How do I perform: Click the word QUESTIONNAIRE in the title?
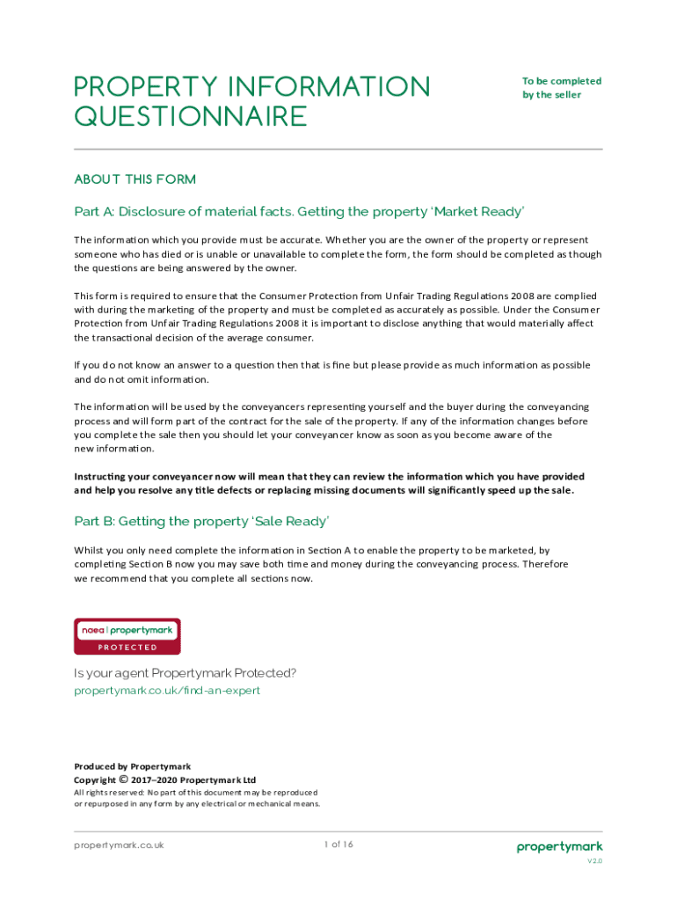coord(191,116)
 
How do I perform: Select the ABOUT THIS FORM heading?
coord(135,179)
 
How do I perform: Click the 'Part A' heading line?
coord(299,212)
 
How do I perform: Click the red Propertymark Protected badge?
coord(127,636)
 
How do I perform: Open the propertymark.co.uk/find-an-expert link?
coord(167,691)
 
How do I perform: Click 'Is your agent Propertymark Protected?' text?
coord(186,674)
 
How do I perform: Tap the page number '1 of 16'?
coord(338,845)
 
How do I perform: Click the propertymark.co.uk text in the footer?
coord(119,846)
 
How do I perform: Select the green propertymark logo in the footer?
coord(559,847)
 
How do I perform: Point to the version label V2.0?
coord(595,861)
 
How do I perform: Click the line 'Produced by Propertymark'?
coord(132,766)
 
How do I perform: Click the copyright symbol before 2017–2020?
coord(124,780)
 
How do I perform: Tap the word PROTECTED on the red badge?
coord(127,648)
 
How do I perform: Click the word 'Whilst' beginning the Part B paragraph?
coord(89,550)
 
